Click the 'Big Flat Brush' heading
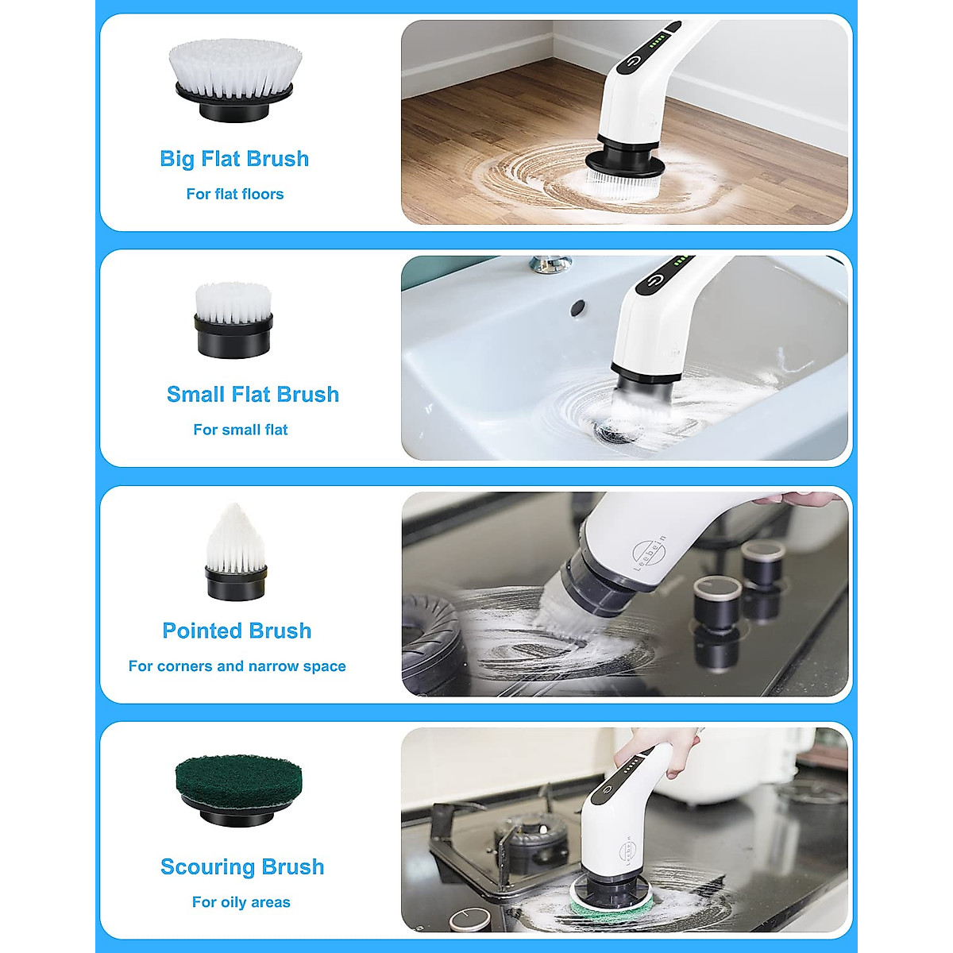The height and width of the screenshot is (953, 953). [234, 159]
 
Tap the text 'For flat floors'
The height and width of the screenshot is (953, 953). [234, 194]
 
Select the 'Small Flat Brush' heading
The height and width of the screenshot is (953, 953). [253, 395]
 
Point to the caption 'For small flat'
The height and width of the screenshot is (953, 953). [240, 430]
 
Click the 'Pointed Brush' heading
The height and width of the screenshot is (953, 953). [237, 631]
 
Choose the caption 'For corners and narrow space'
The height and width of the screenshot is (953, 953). [237, 666]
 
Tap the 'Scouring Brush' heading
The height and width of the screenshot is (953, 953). [242, 866]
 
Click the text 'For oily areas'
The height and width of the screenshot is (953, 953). [241, 902]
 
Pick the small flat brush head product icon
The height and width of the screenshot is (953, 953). [233, 320]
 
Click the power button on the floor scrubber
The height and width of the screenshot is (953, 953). [634, 61]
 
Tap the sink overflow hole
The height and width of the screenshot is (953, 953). [577, 305]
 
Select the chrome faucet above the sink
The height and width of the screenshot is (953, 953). [550, 263]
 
